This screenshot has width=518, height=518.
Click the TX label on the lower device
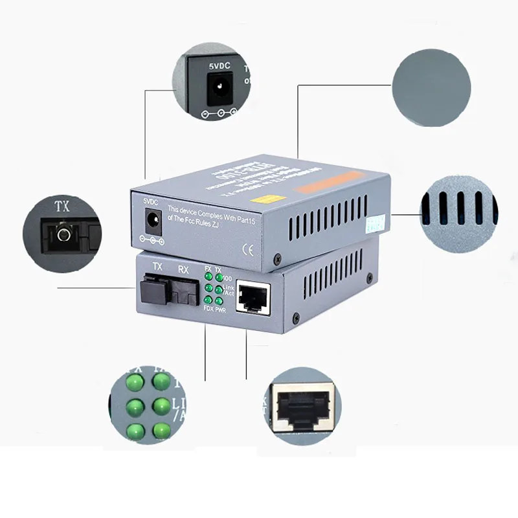(x=157, y=266)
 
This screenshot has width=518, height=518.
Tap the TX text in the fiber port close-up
(x=63, y=207)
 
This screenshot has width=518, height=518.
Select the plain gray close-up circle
(x=431, y=87)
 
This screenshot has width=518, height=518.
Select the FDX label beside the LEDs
(x=207, y=309)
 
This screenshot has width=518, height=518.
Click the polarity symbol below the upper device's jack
(x=153, y=240)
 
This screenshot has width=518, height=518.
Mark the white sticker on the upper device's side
(x=371, y=223)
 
